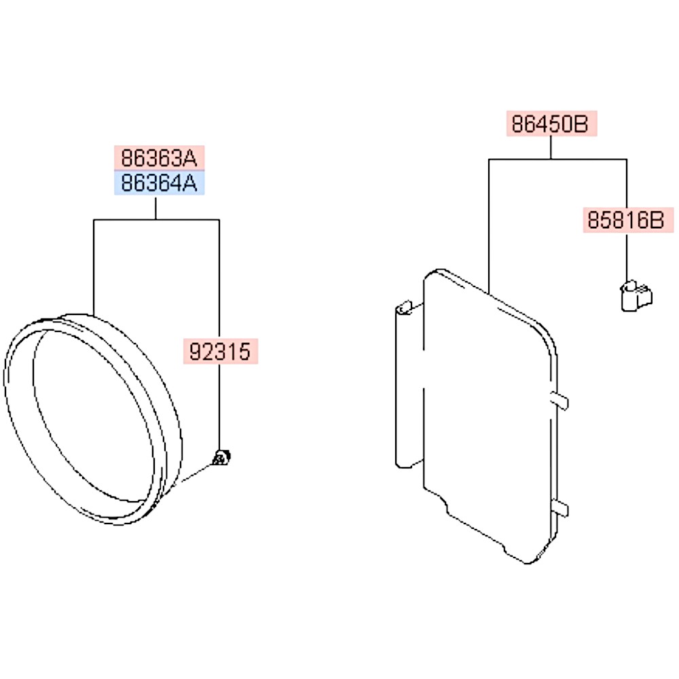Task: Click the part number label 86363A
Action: (x=159, y=158)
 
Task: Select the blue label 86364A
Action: (x=159, y=183)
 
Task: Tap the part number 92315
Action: (x=221, y=351)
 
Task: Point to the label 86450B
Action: (x=551, y=124)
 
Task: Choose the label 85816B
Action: (x=628, y=220)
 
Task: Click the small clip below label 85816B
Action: (x=636, y=295)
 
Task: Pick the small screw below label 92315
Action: (x=221, y=457)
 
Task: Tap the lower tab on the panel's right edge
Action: (x=559, y=507)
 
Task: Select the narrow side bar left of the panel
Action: (x=409, y=385)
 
